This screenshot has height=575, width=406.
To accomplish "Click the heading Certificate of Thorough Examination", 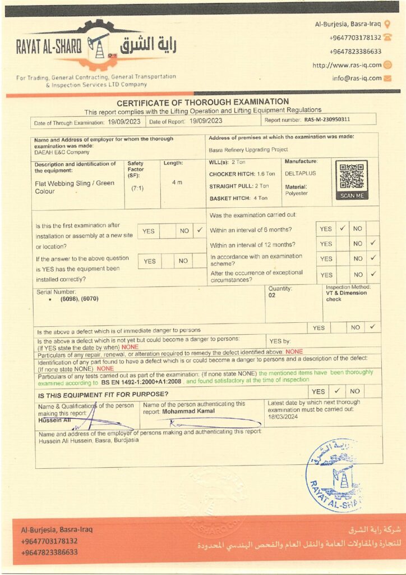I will tap(202, 102).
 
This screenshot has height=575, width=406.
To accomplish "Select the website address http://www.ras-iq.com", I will tap(347, 65).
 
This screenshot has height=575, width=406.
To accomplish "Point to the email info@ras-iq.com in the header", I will tap(356, 79).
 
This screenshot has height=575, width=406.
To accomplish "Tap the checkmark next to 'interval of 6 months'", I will tap(342, 229).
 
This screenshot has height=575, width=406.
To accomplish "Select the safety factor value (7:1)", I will tap(137, 188).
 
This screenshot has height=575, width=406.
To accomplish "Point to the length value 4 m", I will tap(177, 182).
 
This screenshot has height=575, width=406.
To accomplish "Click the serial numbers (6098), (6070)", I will tap(79, 299).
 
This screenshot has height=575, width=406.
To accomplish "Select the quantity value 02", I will tap(272, 295).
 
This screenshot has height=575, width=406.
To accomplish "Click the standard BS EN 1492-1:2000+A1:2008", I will tap(141, 382).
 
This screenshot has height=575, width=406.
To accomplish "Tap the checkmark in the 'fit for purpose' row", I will tap(336, 391).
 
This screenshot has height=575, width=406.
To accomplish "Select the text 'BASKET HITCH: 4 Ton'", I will tap(238, 198).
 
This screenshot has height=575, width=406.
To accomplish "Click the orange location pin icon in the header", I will tap(387, 24).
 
